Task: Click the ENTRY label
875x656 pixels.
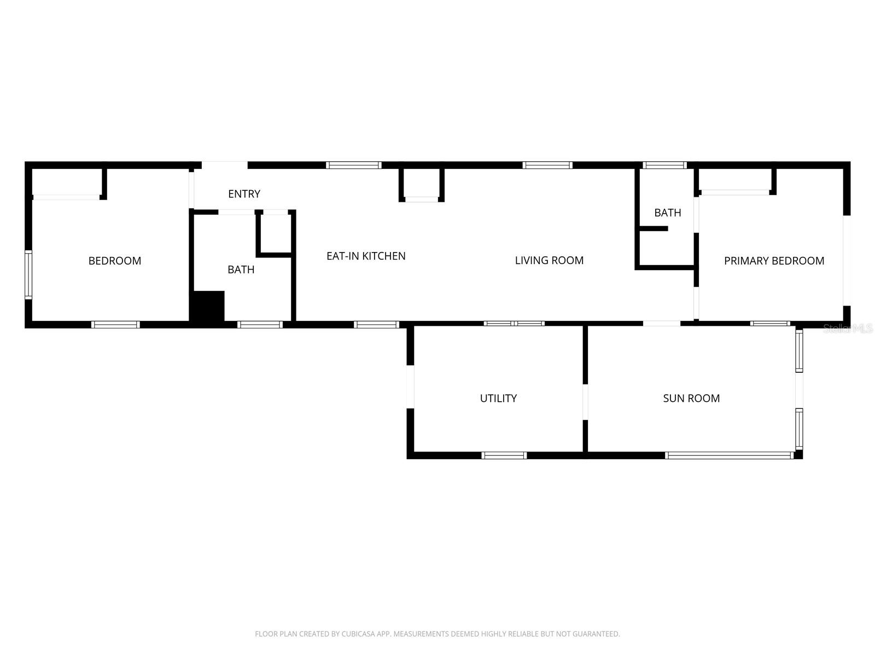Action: pyautogui.click(x=244, y=194)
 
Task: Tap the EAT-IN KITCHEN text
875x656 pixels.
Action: pyautogui.click(x=366, y=256)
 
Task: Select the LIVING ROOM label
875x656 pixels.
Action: pyautogui.click(x=549, y=260)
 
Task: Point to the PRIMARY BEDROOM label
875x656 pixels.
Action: pyautogui.click(x=774, y=261)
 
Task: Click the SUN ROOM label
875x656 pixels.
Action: pyautogui.click(x=691, y=398)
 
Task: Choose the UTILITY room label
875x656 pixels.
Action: pyautogui.click(x=498, y=398)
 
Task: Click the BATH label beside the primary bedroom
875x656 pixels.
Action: pyautogui.click(x=668, y=213)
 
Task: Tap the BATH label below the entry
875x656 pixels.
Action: pyautogui.click(x=241, y=270)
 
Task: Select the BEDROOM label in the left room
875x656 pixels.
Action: pyautogui.click(x=115, y=261)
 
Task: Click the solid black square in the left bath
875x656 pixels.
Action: pyautogui.click(x=208, y=306)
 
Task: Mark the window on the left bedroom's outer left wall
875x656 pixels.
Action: pyautogui.click(x=28, y=274)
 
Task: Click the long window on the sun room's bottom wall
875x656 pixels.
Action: pyautogui.click(x=729, y=455)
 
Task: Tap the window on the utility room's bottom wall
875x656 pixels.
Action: pyautogui.click(x=504, y=455)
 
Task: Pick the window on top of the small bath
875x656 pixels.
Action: pyautogui.click(x=664, y=165)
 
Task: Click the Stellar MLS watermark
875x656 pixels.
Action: pyautogui.click(x=848, y=328)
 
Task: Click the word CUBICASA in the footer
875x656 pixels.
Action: pyautogui.click(x=358, y=634)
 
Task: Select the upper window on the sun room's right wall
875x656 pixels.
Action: pyautogui.click(x=799, y=351)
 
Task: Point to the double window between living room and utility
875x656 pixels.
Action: pyautogui.click(x=514, y=324)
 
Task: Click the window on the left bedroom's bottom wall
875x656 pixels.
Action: pyautogui.click(x=115, y=325)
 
